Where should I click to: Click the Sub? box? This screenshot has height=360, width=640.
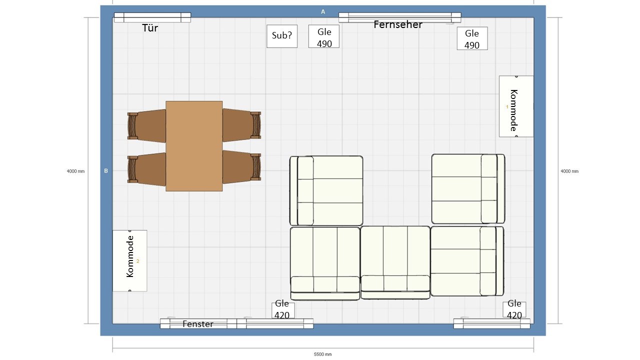[x=282, y=36]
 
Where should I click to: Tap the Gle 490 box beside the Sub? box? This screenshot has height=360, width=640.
[x=324, y=36]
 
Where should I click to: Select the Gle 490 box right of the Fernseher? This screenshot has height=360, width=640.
[x=472, y=38]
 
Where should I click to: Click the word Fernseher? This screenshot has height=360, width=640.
[x=398, y=24]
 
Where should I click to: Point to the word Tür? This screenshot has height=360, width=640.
[x=150, y=27]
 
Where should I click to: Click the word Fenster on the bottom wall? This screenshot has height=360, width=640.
[x=197, y=324]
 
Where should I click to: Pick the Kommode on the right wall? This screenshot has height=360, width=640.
[x=516, y=106]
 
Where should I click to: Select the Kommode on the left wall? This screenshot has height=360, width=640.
[x=129, y=260]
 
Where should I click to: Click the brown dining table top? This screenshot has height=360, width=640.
[x=194, y=146]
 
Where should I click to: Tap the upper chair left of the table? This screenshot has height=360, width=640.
[x=146, y=125]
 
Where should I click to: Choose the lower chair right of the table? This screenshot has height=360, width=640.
[x=241, y=167]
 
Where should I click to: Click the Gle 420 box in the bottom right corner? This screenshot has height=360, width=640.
[x=514, y=309]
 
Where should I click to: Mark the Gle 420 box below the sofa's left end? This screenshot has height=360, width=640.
[x=283, y=310]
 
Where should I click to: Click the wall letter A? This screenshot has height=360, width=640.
[x=323, y=11]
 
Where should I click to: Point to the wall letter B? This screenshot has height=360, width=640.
[x=106, y=171]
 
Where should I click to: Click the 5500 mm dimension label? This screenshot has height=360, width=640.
[x=323, y=354]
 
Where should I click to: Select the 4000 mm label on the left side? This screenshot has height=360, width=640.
[x=75, y=171]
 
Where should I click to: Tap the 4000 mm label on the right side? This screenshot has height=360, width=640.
[x=569, y=171]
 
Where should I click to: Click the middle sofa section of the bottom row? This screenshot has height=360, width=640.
[x=395, y=262]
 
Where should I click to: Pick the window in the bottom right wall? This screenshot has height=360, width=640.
[x=491, y=323]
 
